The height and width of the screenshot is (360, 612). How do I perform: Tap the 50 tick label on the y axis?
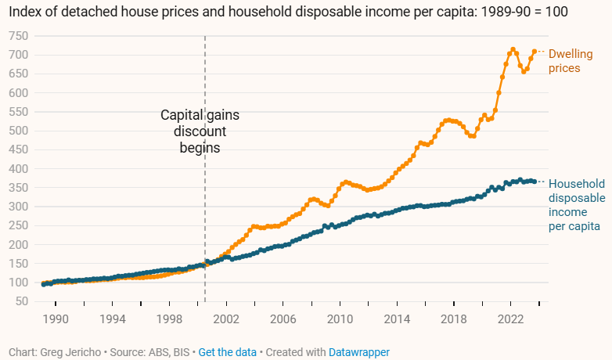coord(23,301)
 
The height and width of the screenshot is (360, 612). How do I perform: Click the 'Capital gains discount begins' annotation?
coord(200,131)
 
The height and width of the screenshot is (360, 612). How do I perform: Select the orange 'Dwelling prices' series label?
coord(569,61)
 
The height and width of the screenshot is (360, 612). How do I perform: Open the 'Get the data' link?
coord(227,352)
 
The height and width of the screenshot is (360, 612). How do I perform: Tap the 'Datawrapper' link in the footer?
coord(358,352)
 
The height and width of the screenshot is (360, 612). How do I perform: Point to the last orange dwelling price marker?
coord(535,52)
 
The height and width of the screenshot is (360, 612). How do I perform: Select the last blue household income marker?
coord(535,182)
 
